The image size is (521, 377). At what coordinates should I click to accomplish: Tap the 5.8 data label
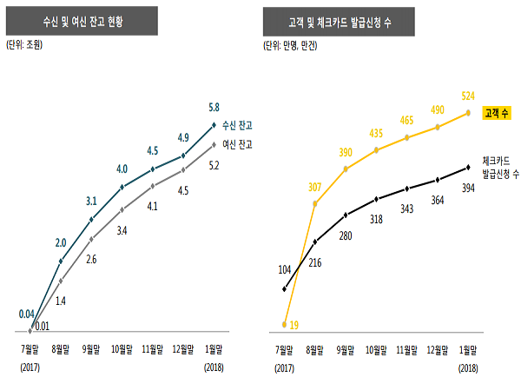click(x=214, y=108)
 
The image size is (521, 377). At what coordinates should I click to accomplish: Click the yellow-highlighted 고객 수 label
click(x=495, y=112)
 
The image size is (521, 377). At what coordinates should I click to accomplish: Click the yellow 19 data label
click(x=293, y=325)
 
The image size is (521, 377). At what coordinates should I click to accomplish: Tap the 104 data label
click(x=284, y=269)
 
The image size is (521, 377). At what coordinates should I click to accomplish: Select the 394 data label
click(x=468, y=188)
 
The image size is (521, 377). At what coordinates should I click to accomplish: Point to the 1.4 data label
click(x=61, y=301)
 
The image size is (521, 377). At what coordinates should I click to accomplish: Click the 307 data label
click(x=314, y=187)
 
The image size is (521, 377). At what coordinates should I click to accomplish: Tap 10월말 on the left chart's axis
click(x=122, y=350)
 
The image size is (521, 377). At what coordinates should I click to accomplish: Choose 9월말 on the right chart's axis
click(x=346, y=350)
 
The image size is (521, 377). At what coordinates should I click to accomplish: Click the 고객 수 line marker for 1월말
click(x=468, y=113)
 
